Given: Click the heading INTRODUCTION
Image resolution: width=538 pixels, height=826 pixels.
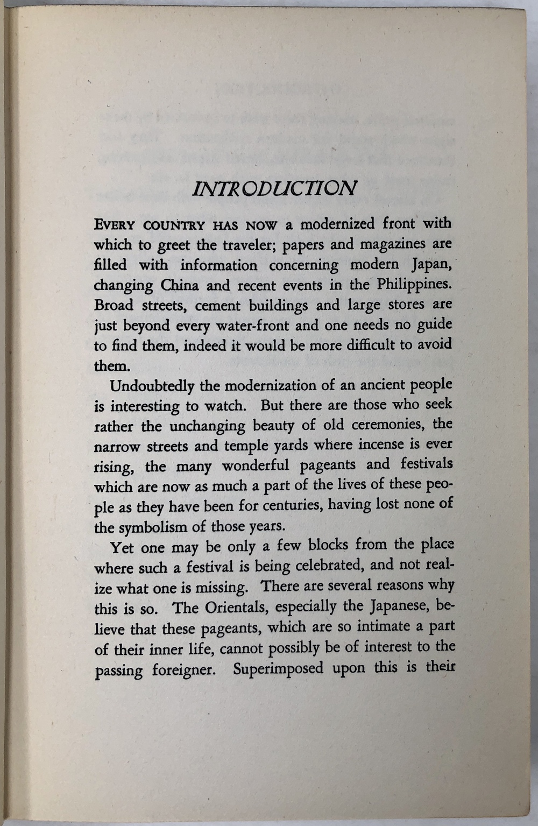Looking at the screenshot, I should coord(274,188).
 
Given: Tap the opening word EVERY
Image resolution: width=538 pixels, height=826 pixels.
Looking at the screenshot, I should coord(111,224).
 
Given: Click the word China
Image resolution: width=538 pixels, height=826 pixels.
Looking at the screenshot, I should coord(180,285).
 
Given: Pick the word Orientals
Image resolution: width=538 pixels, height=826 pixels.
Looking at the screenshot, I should coord(236,608).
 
